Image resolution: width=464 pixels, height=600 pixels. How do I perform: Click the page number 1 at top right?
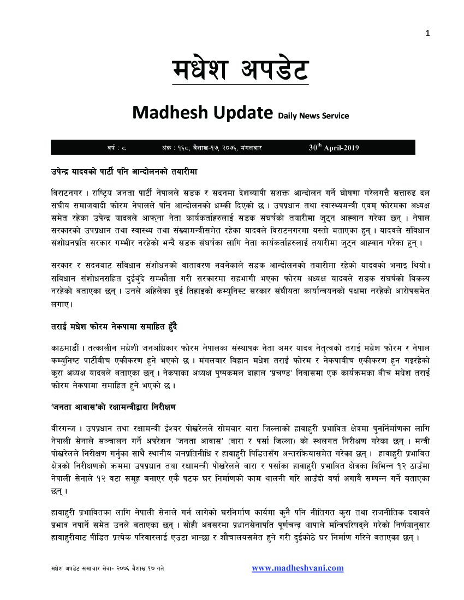tap(428, 33)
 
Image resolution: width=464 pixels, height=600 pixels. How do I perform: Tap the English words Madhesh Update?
tap(203, 113)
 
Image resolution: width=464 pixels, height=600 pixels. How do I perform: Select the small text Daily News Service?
tap(313, 116)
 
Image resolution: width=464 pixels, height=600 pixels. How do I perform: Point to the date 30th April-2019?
tap(334, 147)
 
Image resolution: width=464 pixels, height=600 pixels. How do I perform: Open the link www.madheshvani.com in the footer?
tap(298, 568)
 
